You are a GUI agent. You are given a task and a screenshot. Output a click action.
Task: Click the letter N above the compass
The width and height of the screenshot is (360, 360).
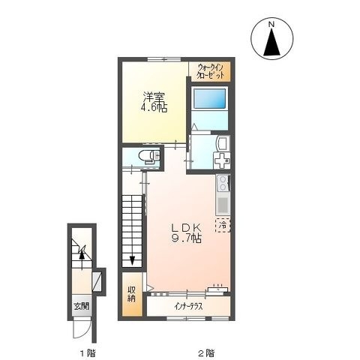[x=271, y=24]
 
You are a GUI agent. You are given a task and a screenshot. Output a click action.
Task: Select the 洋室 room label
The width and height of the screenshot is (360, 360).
[x=154, y=97]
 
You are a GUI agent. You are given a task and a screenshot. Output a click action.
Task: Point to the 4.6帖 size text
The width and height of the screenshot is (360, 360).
[x=154, y=108]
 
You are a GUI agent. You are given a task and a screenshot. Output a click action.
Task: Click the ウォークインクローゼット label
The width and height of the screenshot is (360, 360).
[x=210, y=72]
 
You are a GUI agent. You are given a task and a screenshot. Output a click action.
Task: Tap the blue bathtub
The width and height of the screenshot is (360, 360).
[x=210, y=98]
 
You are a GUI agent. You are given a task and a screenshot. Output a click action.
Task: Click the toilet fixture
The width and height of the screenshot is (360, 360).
[x=149, y=156]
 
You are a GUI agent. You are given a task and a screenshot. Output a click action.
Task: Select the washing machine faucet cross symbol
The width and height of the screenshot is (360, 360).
[x=222, y=160]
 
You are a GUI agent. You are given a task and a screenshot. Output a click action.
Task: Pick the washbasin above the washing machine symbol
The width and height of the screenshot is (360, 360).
[x=222, y=142]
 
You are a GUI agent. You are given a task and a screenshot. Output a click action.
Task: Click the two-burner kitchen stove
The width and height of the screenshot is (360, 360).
[x=223, y=183]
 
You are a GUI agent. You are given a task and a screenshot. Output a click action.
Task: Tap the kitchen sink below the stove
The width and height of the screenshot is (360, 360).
[x=223, y=204]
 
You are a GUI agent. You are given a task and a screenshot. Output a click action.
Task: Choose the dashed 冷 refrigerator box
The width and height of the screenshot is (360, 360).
[x=223, y=225]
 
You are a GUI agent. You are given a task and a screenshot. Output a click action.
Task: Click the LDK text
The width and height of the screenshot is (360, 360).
[x=186, y=227]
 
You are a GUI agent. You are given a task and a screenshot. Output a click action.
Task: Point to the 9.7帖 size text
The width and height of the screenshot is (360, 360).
[x=186, y=239]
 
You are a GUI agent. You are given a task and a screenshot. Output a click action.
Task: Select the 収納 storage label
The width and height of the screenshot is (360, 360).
[x=132, y=295]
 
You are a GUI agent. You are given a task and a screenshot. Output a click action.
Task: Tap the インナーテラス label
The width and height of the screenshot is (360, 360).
[x=188, y=307]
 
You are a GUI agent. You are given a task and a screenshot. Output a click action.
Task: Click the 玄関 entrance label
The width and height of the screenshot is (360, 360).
[x=82, y=306]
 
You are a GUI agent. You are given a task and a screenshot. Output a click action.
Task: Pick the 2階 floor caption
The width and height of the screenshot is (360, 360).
[x=206, y=353]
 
